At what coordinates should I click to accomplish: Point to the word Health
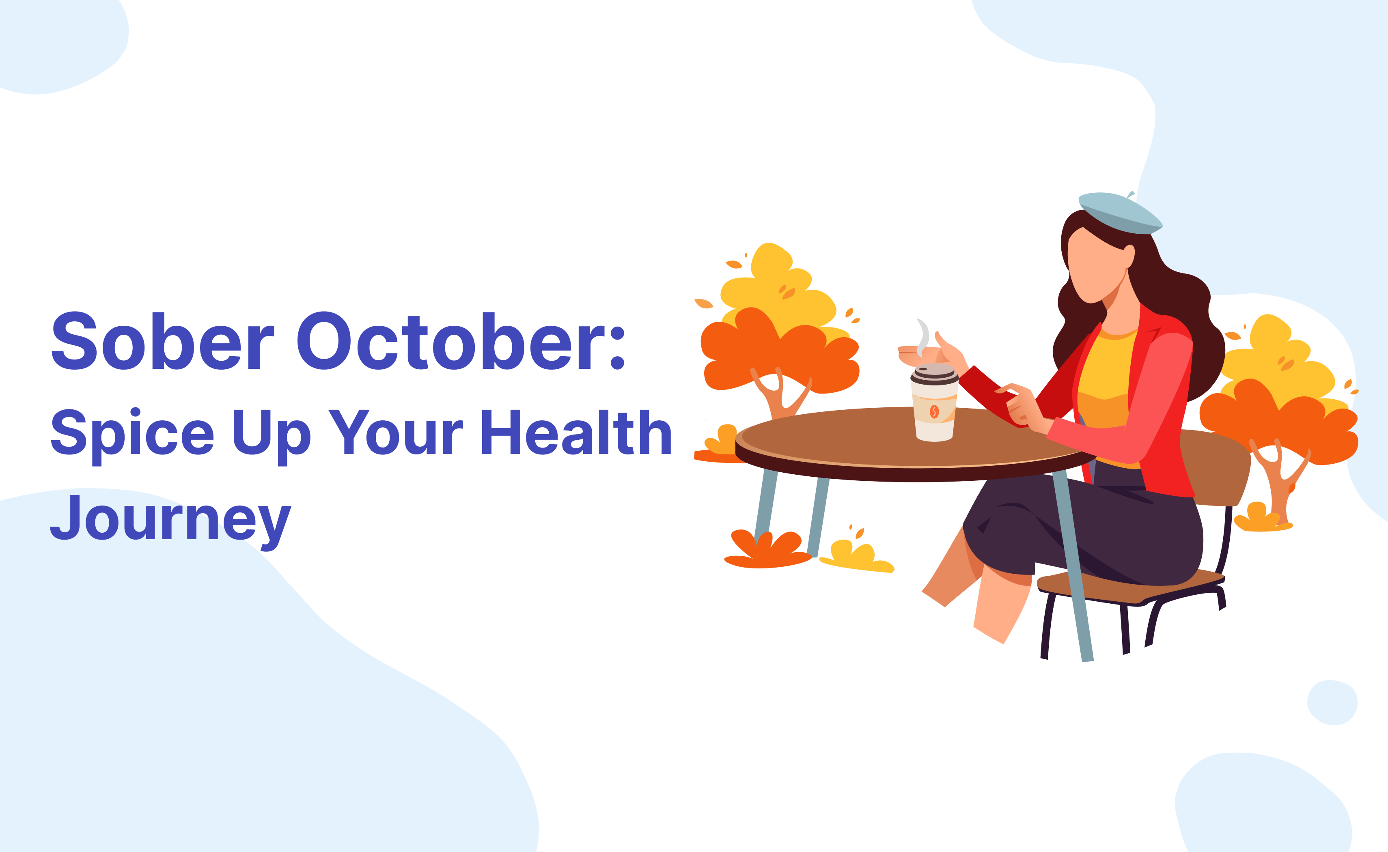(x=576, y=432)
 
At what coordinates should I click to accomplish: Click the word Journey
(x=170, y=519)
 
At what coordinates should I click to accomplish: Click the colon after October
(x=618, y=347)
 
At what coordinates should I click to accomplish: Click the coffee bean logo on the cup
(x=934, y=412)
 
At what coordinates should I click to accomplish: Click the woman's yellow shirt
(x=1105, y=383)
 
